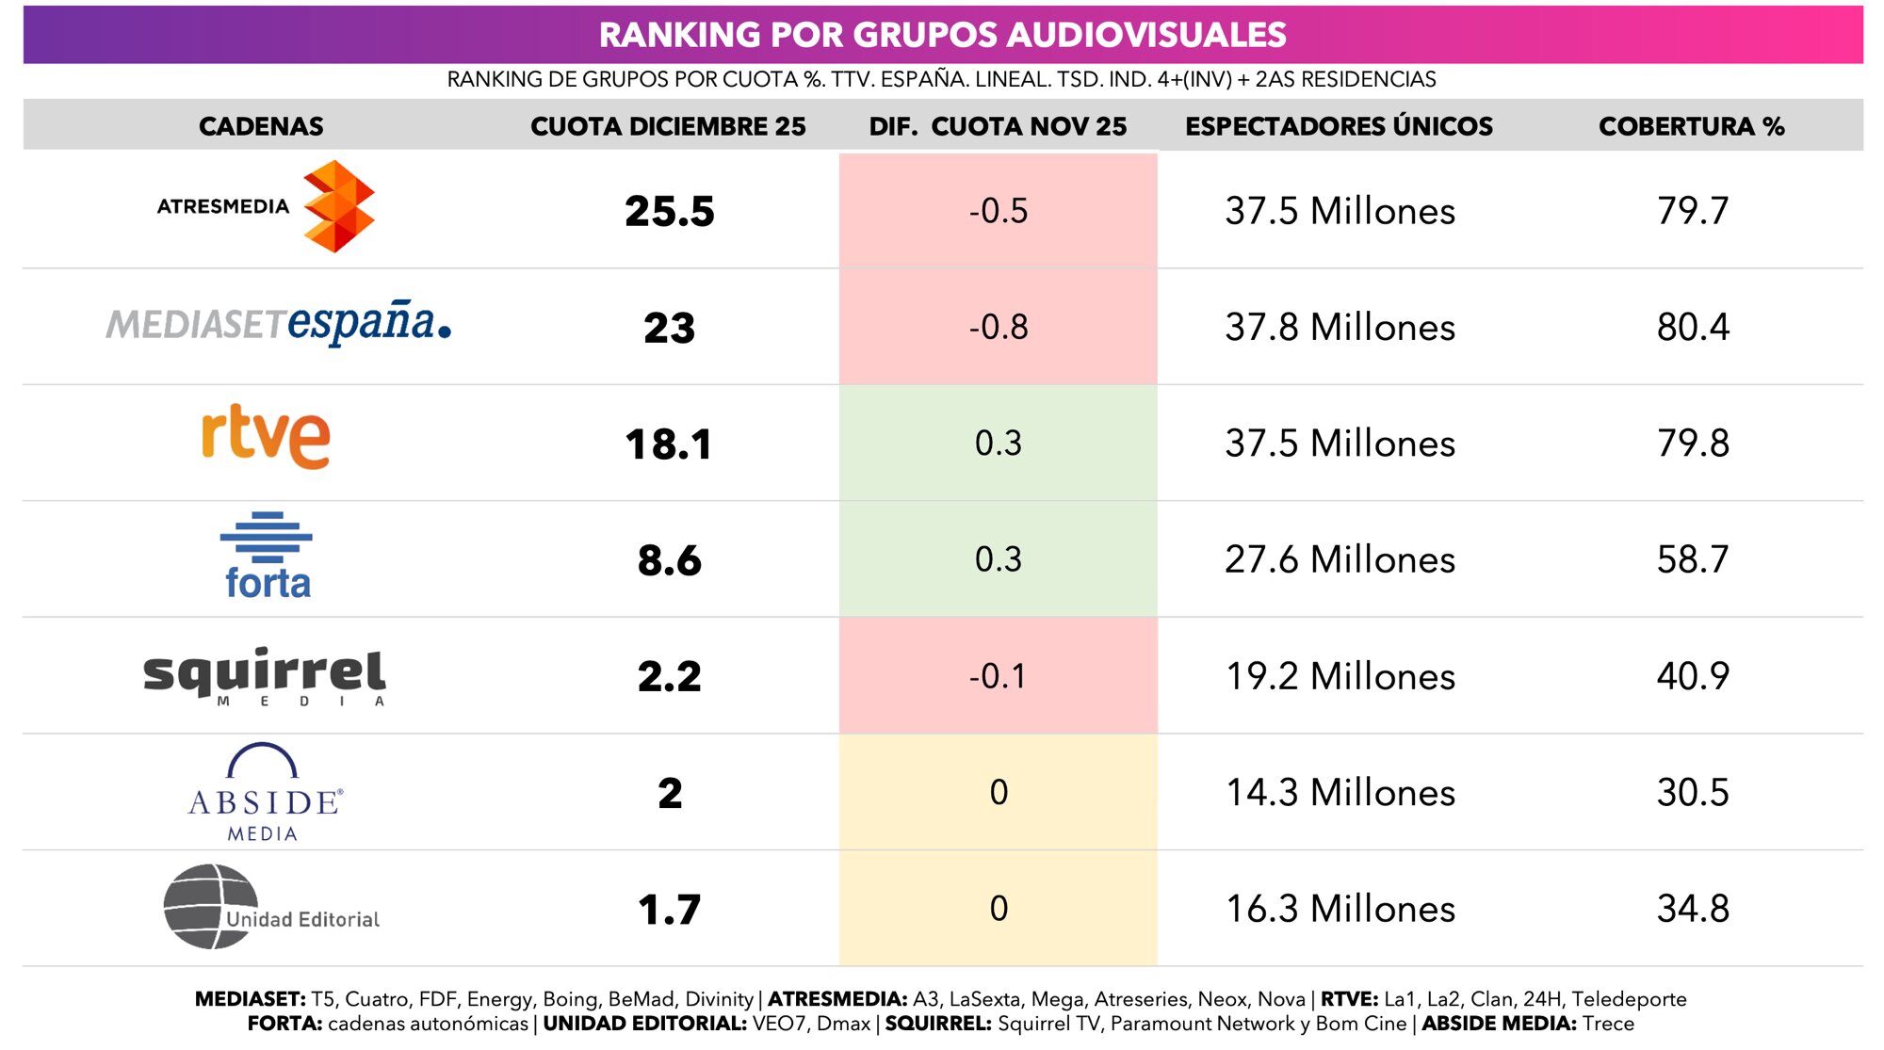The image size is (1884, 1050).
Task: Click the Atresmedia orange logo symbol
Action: (338, 206)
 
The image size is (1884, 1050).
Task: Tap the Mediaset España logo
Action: (279, 323)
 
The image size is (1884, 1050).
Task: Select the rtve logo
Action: (266, 436)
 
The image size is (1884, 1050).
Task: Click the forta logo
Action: (267, 557)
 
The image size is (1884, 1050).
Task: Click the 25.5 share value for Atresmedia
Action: (669, 211)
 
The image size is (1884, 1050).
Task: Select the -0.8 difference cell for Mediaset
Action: (998, 327)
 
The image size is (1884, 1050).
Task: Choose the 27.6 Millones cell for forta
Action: (1340, 559)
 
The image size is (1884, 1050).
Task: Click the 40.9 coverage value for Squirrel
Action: (1692, 676)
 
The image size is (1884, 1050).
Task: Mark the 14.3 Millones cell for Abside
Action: (1340, 793)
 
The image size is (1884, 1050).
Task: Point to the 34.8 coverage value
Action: (1692, 909)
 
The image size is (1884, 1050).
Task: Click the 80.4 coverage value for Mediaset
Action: (1692, 327)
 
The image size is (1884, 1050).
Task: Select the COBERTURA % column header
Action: (1691, 126)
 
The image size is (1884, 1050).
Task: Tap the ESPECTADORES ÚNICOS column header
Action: (1339, 126)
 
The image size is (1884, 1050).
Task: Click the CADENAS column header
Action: (261, 126)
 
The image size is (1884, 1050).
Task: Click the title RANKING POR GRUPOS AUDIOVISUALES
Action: (942, 35)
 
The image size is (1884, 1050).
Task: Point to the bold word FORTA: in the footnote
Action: (284, 1024)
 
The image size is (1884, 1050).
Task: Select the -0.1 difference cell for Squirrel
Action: (998, 676)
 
